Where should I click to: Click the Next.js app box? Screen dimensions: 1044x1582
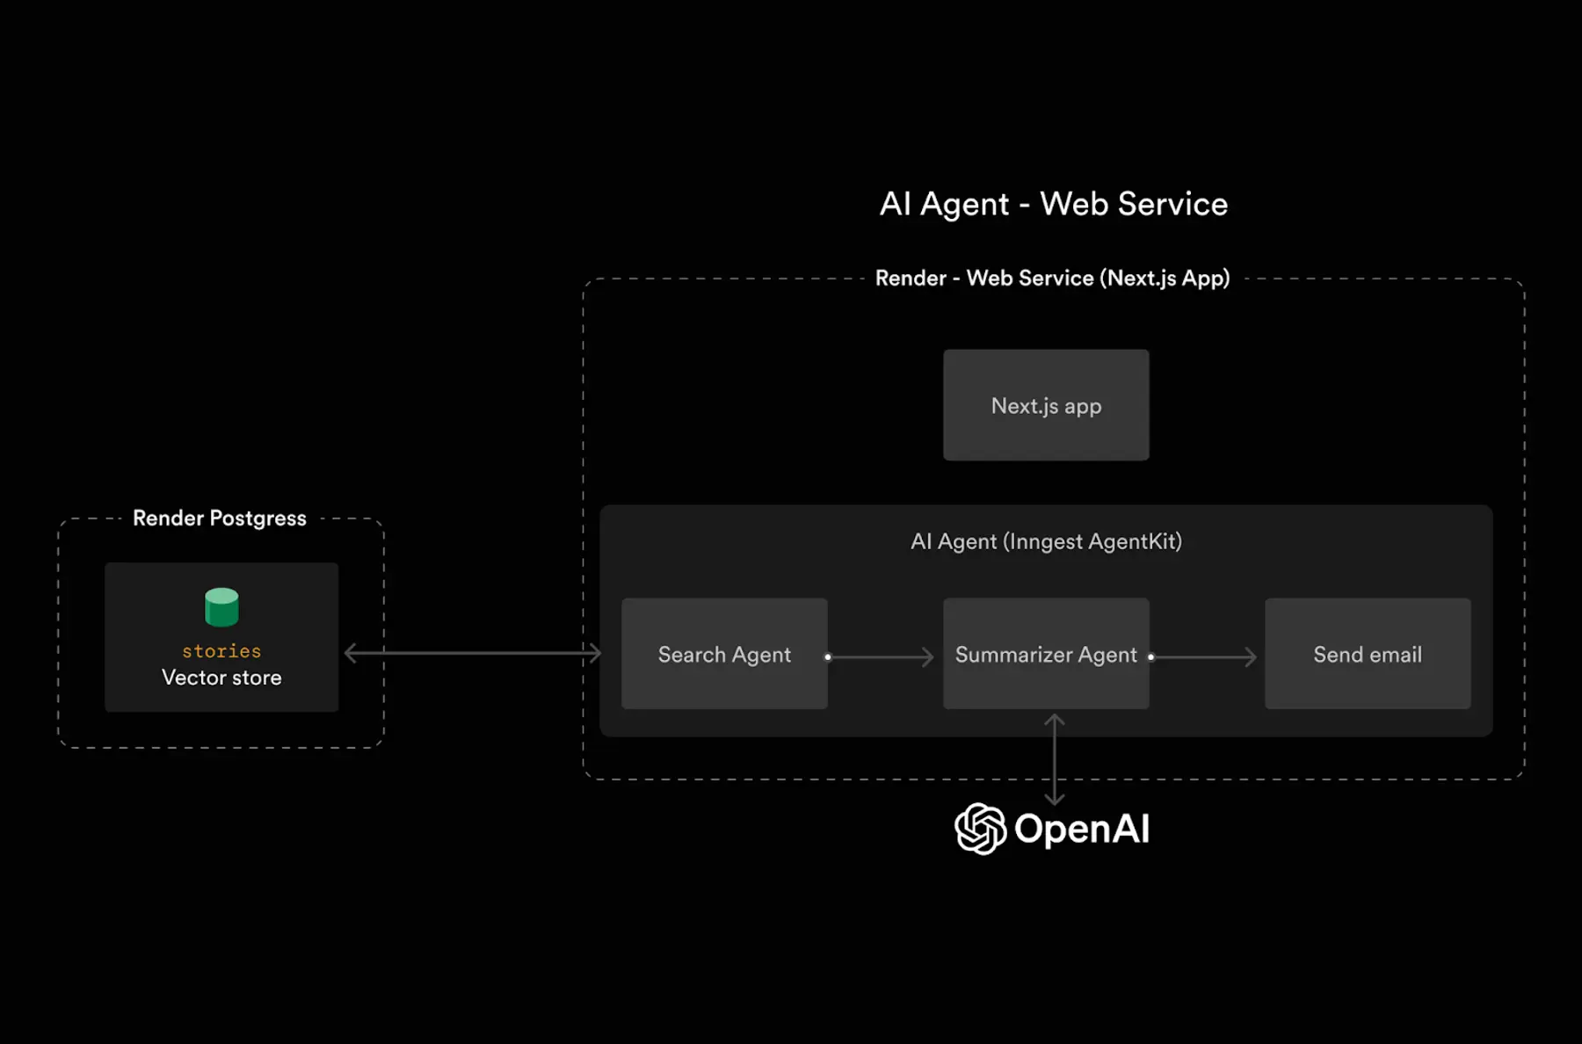1046,405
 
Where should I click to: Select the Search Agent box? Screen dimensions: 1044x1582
724,654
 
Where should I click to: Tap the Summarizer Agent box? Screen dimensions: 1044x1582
1046,654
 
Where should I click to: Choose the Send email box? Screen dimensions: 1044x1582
1368,654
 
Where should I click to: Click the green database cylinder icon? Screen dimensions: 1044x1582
221,606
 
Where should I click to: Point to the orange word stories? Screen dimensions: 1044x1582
221,651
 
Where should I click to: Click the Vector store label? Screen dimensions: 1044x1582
221,678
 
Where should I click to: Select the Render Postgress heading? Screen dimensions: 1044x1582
220,518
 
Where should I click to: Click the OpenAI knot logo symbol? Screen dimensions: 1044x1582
980,828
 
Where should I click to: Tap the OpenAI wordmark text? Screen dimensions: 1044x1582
1082,829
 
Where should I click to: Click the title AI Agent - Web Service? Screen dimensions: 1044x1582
1053,204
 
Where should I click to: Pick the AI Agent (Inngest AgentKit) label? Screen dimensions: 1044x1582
1046,541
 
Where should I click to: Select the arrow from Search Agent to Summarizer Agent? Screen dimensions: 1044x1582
882,656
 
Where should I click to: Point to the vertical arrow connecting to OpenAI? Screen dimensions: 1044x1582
1054,759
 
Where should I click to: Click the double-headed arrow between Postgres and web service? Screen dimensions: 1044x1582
473,653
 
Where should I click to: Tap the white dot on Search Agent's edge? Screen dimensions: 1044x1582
828,656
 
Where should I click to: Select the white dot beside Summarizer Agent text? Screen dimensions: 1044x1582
1150,656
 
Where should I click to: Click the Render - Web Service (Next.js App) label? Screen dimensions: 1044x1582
1052,279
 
